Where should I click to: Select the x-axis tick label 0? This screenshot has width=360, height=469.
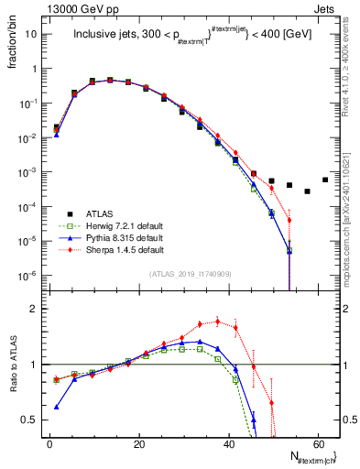click(49, 443)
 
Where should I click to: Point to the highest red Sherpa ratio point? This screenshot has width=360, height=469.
click(218, 321)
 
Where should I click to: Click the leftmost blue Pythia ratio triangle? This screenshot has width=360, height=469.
click(57, 407)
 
